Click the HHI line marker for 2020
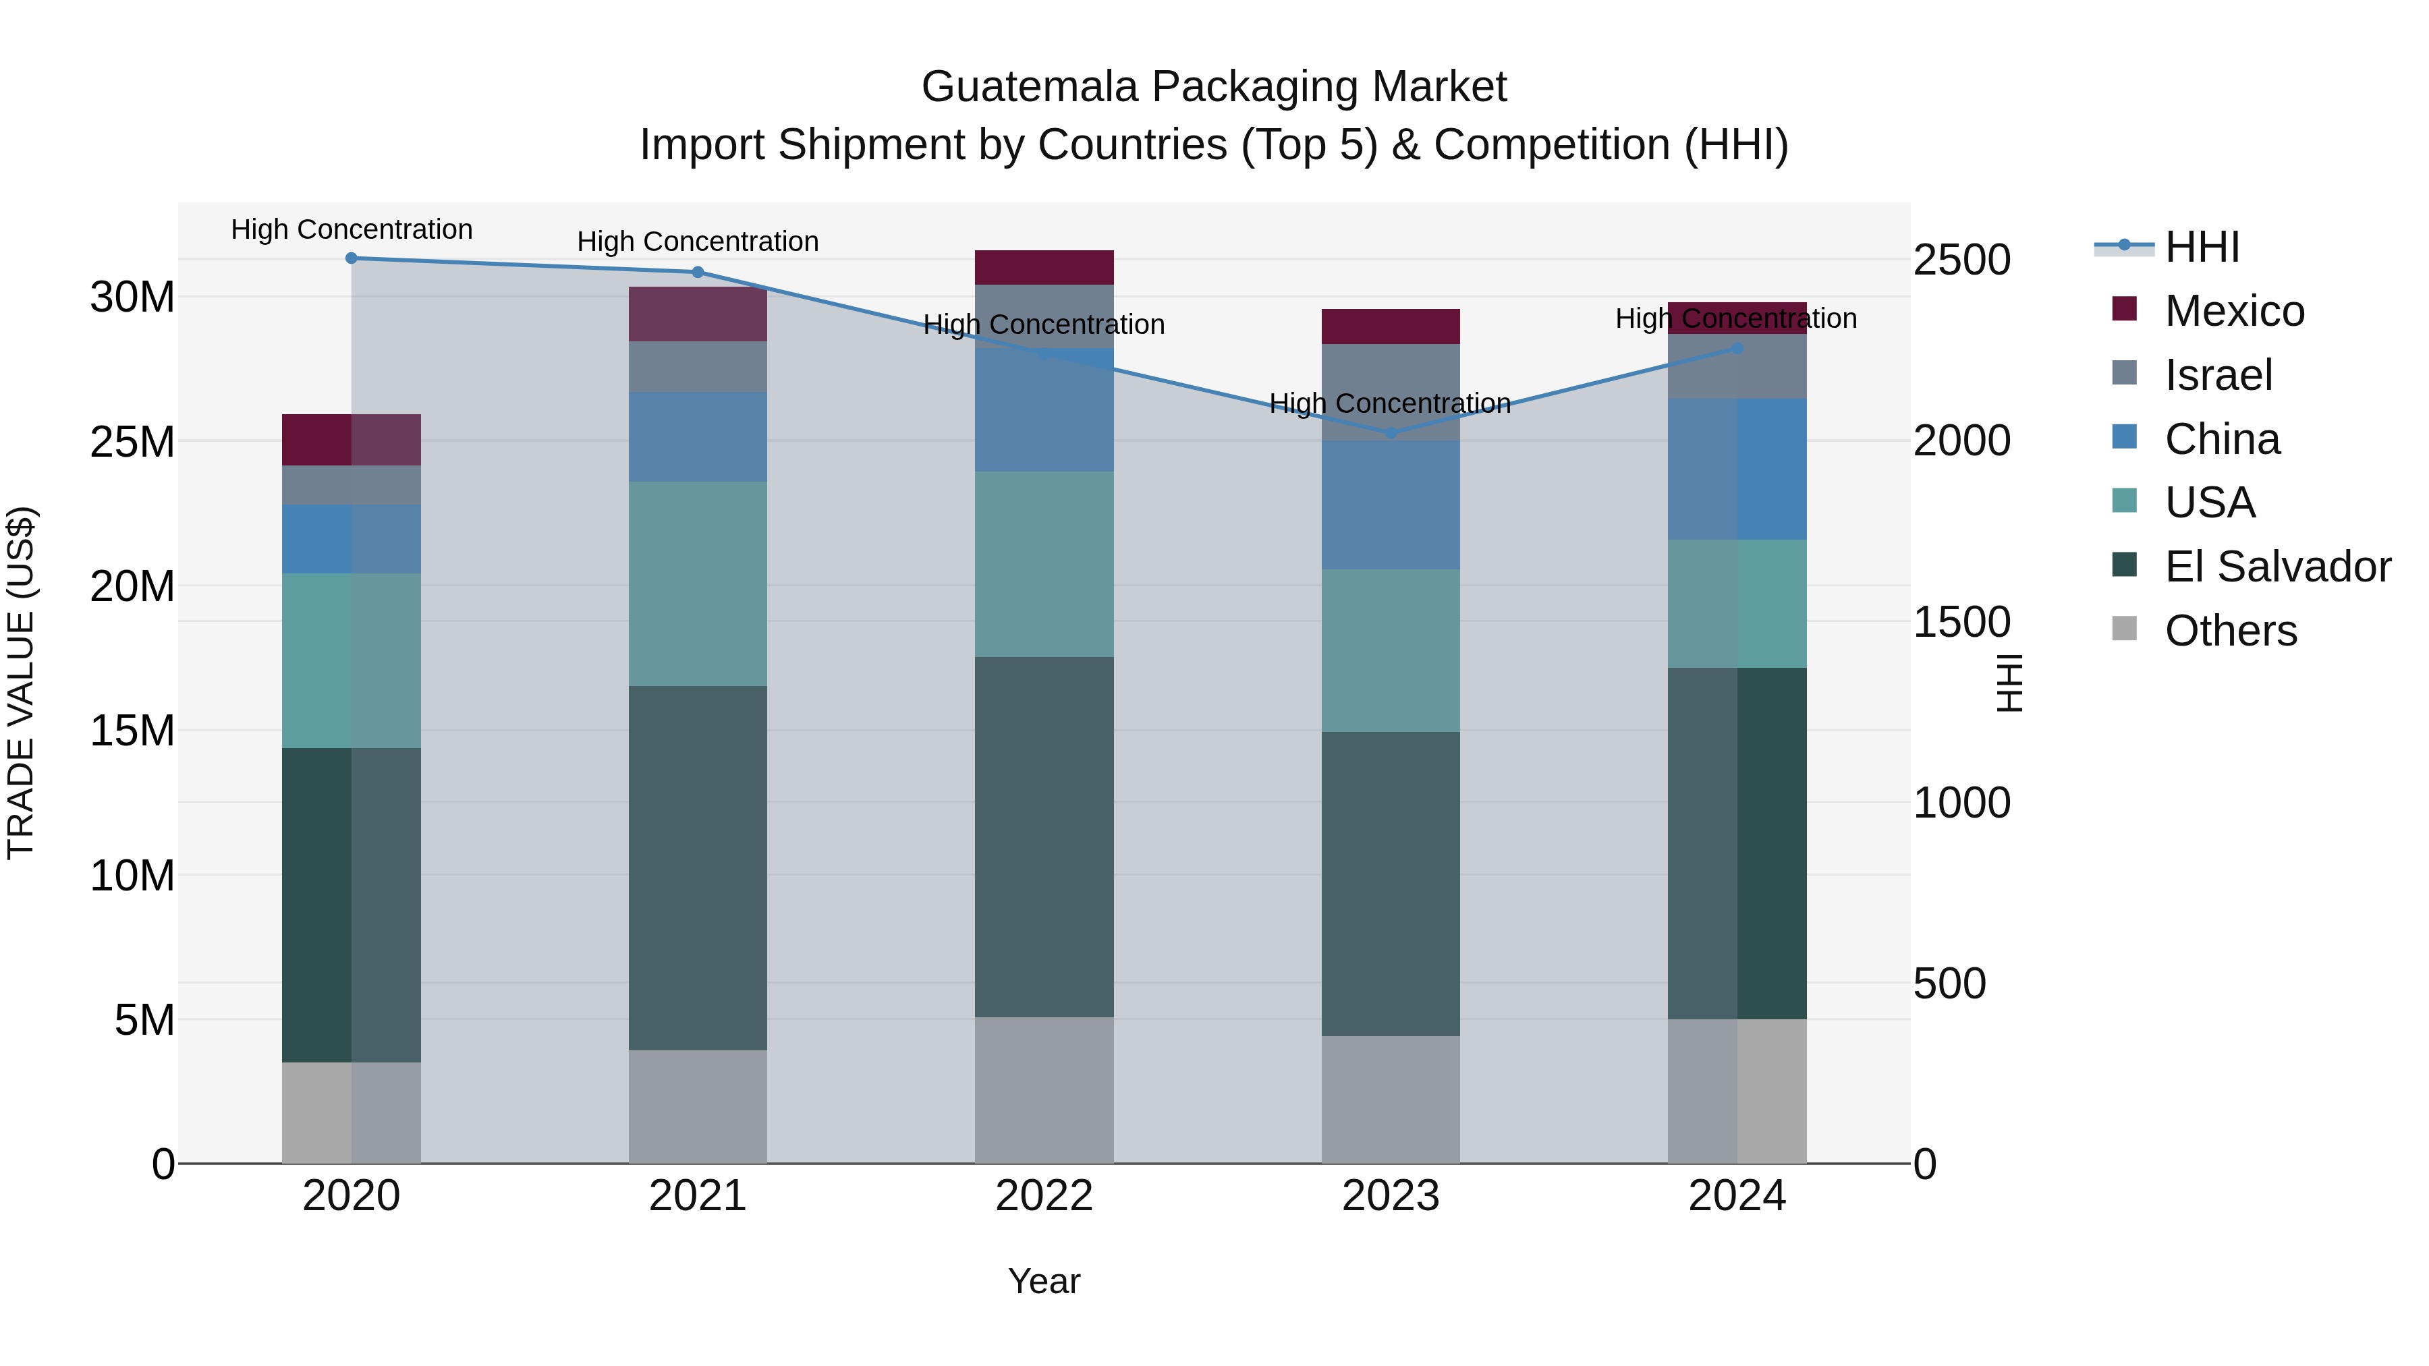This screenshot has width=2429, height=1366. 351,258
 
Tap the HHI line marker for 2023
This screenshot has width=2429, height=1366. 1390,432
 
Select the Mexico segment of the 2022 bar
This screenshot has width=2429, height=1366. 1044,268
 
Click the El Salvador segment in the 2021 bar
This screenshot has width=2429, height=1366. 698,867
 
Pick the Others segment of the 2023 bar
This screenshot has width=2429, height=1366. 1390,1100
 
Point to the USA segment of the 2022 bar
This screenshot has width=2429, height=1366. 1044,564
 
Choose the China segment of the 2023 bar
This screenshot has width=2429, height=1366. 1390,505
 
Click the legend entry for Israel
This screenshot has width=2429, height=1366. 2218,375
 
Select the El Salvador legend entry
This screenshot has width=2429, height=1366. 2277,567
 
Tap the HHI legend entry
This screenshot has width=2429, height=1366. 2201,247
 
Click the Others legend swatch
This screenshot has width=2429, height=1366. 2125,629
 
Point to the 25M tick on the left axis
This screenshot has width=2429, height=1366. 132,441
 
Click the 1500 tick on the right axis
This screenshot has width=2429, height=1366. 1961,622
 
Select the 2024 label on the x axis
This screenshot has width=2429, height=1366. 1737,1196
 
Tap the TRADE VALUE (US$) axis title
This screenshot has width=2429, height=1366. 21,683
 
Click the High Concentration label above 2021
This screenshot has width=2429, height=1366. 698,242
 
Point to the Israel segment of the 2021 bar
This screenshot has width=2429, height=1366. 698,367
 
